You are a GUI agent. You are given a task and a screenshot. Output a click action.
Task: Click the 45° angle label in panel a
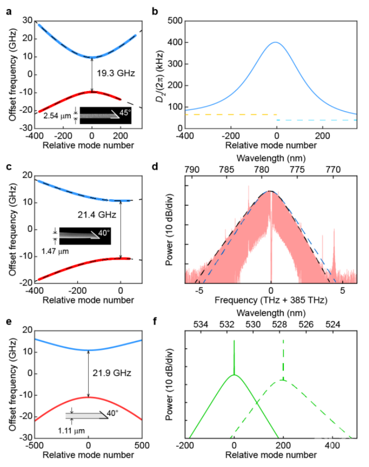point(124,112)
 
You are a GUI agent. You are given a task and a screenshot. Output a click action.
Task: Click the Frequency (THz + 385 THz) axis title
point(271,301)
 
